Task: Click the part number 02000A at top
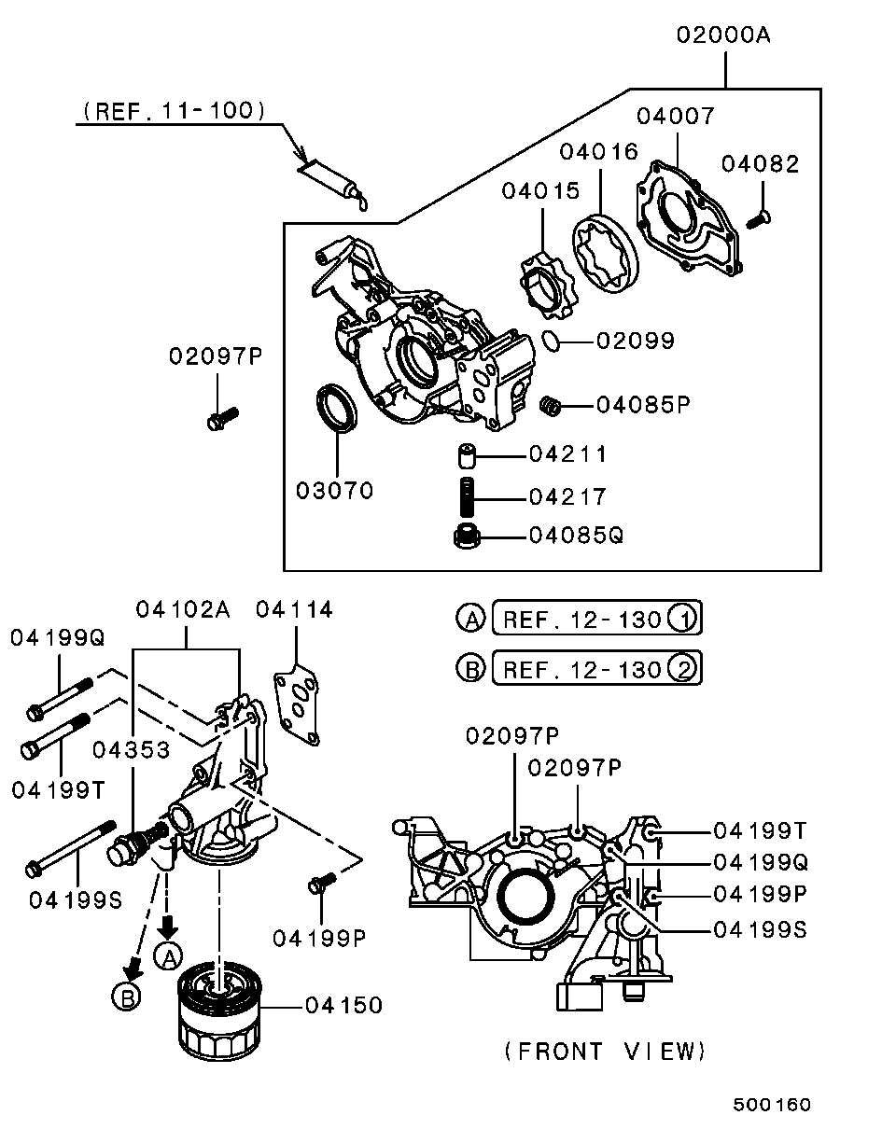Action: click(x=725, y=36)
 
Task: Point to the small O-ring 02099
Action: click(x=552, y=341)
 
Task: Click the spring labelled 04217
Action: click(x=467, y=495)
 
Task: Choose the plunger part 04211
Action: click(x=467, y=456)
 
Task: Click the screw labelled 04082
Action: click(x=758, y=218)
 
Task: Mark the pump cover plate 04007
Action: click(x=689, y=220)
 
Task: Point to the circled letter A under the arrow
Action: click(x=168, y=955)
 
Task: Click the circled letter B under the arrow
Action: click(x=125, y=997)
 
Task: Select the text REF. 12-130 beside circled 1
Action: click(x=582, y=619)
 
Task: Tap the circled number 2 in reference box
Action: click(x=683, y=668)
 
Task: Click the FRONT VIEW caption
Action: click(x=605, y=1052)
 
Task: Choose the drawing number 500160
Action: click(x=771, y=1105)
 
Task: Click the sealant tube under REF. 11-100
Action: click(x=331, y=183)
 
